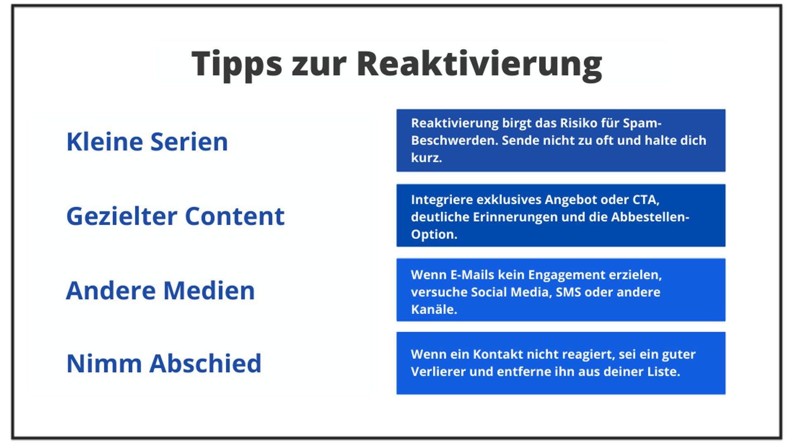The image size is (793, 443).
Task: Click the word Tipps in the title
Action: point(237,65)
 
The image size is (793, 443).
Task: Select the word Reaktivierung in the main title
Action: point(480,65)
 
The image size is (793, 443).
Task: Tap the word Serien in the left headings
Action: point(189,142)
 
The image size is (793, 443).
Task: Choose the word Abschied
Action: point(206,364)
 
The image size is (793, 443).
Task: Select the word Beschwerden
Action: point(455,141)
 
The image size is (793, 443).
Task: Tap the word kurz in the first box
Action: point(426,158)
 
